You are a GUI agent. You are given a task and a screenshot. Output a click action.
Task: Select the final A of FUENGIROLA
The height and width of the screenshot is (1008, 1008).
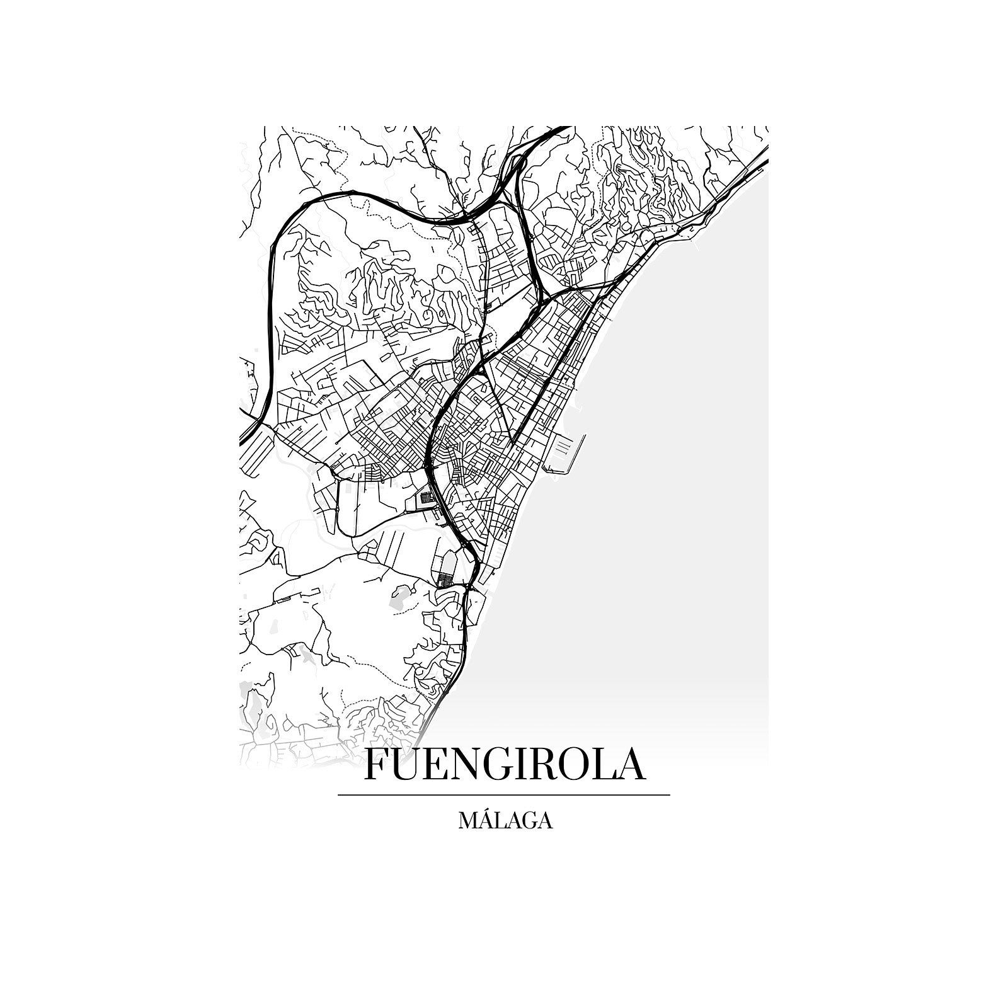point(630,764)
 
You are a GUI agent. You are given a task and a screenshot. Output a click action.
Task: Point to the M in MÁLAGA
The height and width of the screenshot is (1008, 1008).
point(470,821)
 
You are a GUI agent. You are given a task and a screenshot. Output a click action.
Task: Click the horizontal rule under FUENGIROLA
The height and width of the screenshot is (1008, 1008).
point(504,795)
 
